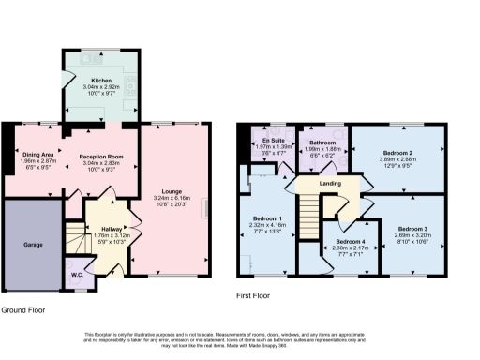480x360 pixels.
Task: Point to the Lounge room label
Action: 172,191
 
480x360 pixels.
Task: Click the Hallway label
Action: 112,228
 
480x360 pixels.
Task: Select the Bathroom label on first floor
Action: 322,141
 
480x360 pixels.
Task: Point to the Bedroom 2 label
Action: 398,153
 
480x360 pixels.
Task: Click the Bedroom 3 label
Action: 412,229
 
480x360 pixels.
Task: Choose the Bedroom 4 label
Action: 351,240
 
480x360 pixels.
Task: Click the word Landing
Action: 330,184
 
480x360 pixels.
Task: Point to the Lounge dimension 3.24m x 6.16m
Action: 172,198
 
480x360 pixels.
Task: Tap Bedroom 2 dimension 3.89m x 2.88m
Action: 398,159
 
